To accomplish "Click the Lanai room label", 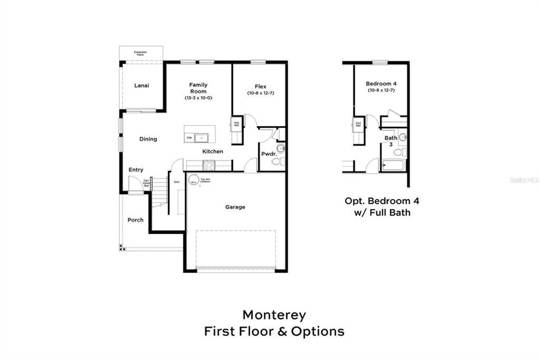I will [x=141, y=85].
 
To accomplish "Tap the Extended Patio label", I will [x=140, y=53].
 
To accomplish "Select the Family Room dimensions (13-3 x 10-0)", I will [x=198, y=98].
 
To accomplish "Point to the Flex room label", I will [x=260, y=87].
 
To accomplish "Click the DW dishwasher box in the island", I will [x=189, y=138].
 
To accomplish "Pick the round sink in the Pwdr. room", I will [x=281, y=148].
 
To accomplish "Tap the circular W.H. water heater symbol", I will [x=193, y=179].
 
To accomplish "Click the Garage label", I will [x=235, y=207].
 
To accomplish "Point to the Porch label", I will [x=135, y=220].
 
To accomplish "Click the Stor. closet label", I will [x=177, y=182].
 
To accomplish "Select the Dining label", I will [x=148, y=139].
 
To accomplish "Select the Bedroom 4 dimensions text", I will [x=381, y=90].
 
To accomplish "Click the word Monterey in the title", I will [x=274, y=315].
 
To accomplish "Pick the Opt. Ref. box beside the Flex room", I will [x=237, y=124].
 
